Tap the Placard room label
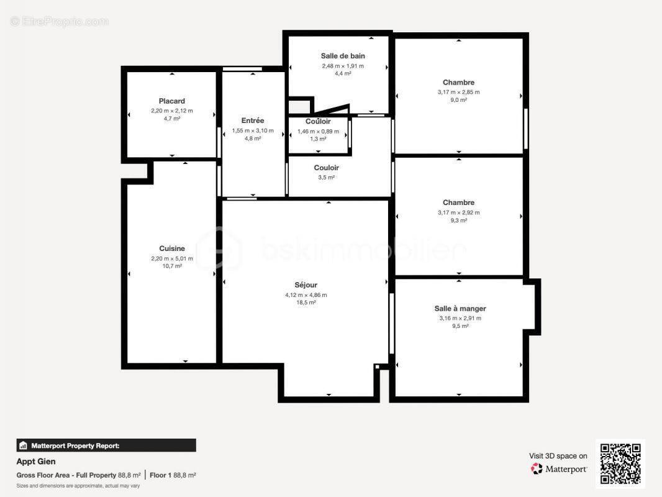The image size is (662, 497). (x=172, y=101)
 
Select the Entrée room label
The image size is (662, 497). (x=253, y=121)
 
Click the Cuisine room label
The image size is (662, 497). (x=172, y=248)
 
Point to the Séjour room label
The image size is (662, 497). (x=306, y=285)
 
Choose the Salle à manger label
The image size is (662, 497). (x=460, y=308)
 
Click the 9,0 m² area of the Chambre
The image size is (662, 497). (x=458, y=100)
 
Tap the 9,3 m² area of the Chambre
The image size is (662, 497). (x=458, y=221)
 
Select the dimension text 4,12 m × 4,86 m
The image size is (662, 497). (x=306, y=295)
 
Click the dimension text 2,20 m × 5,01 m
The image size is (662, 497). (x=172, y=258)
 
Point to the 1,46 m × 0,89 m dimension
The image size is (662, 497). (x=318, y=131)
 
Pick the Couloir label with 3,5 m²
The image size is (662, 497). (x=326, y=168)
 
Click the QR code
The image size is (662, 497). (x=620, y=464)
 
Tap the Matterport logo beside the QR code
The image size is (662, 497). (x=559, y=469)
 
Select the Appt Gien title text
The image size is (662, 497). (x=36, y=462)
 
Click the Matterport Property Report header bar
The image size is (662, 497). (x=106, y=445)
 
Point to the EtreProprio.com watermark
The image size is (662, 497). (x=59, y=21)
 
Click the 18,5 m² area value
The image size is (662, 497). (x=306, y=303)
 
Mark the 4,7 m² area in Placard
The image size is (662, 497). (x=172, y=119)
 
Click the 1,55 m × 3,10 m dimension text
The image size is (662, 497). (x=253, y=130)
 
